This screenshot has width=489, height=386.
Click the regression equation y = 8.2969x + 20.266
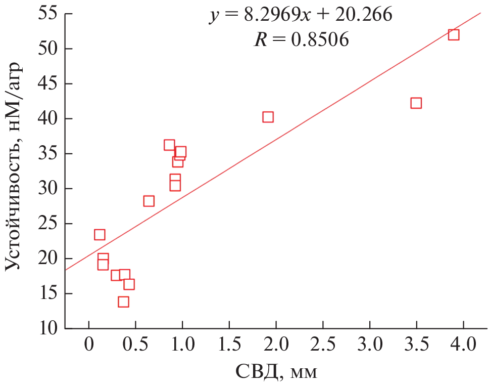tap(301, 16)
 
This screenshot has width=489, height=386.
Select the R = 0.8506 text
tap(301, 40)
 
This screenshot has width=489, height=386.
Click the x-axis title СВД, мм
tap(276, 372)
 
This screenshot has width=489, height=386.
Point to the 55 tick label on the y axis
tap(46, 14)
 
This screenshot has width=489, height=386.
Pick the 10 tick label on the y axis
tap(46, 328)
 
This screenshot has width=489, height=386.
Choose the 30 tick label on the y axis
tap(46, 189)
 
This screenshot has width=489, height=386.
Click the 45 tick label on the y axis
tap(46, 84)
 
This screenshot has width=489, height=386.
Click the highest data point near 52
tap(454, 34)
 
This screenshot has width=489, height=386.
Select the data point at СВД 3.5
tap(416, 103)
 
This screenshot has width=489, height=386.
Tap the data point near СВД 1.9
tap(268, 117)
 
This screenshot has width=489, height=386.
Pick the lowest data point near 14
tap(123, 302)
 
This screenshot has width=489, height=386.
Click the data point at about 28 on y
tap(149, 201)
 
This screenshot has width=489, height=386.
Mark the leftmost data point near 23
tap(100, 235)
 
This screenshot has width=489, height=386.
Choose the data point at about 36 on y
tap(169, 145)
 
